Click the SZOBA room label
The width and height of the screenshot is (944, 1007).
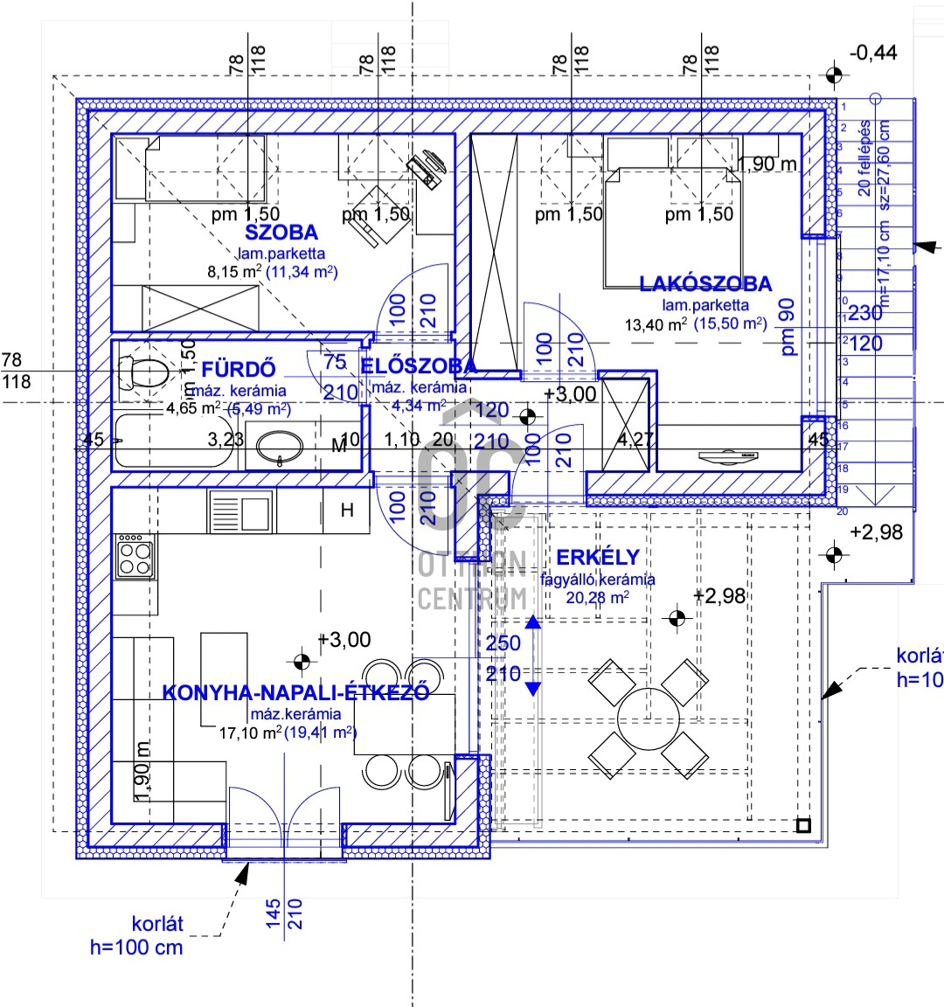tap(281, 233)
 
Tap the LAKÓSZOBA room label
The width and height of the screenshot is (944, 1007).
tap(705, 283)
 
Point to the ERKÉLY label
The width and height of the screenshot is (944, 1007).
tap(598, 557)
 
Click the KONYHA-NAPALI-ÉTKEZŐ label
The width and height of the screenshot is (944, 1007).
tap(295, 692)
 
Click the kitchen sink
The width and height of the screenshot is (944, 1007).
tap(240, 510)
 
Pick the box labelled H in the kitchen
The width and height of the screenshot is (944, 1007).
tap(347, 510)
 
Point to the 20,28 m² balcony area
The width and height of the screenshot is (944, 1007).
tap(598, 598)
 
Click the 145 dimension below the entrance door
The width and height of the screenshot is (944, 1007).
tap(274, 914)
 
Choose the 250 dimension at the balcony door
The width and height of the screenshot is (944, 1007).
tap(503, 642)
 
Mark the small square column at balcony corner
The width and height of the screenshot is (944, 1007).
tap(803, 824)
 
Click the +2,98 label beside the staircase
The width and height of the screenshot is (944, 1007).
tap(876, 532)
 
